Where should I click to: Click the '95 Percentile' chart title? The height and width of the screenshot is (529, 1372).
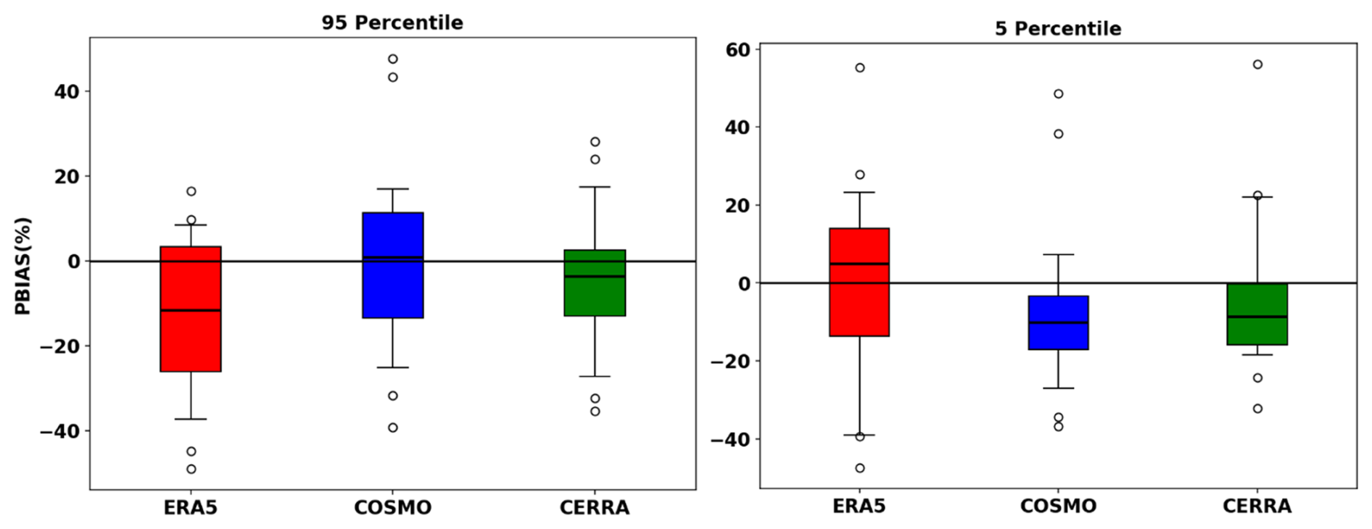(392, 22)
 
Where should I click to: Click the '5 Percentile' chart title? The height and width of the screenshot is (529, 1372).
(1057, 28)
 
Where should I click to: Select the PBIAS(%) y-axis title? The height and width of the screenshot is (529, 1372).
(23, 265)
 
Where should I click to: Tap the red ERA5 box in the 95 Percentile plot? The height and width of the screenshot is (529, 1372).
(191, 341)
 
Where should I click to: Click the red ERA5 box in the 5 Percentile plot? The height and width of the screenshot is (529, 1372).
(859, 304)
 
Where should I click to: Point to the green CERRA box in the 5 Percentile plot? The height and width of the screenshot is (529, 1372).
(1257, 330)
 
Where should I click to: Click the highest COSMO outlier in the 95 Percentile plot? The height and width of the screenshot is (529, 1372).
(392, 59)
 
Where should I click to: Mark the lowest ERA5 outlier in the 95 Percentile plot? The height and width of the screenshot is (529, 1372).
(191, 469)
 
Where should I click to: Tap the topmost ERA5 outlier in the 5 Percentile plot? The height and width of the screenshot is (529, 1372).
(860, 68)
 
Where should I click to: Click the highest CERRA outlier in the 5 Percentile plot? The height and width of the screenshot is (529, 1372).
(1257, 64)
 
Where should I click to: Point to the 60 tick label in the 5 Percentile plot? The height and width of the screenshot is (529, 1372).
(738, 49)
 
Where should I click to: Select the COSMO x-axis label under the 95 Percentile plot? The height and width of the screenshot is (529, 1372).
(392, 507)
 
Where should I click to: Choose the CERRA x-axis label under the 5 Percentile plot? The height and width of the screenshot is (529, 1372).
(1257, 506)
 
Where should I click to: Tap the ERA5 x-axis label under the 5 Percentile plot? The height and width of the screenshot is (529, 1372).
(859, 506)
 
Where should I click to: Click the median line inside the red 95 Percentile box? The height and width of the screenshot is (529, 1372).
(191, 310)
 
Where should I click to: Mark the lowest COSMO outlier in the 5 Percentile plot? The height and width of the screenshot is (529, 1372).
(1058, 426)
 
